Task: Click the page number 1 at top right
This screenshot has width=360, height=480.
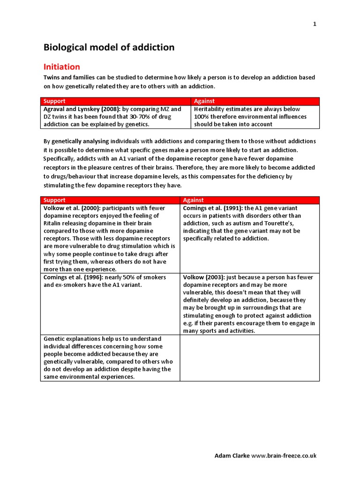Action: (315, 24)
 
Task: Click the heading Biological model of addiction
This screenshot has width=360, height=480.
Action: (109, 47)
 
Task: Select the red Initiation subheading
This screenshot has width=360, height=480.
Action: (61, 67)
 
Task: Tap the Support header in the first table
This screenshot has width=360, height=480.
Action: (54, 101)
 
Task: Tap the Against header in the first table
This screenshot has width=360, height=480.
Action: (204, 101)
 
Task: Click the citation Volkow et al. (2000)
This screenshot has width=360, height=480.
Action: (72, 208)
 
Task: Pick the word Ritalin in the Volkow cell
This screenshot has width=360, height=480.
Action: (52, 223)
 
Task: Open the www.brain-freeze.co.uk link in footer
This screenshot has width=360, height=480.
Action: (284, 455)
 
